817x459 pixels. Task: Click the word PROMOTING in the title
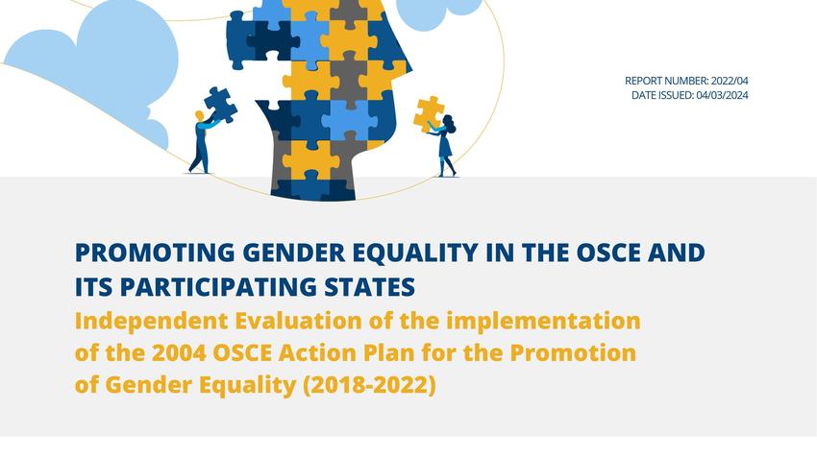tap(155, 253)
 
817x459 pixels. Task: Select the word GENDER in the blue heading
tap(294, 253)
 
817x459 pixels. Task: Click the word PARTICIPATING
tap(218, 287)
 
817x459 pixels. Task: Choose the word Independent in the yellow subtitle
tap(152, 321)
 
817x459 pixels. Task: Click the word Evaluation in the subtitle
tap(299, 321)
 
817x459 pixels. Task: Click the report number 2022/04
tap(730, 81)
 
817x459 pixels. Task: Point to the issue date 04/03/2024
tap(722, 95)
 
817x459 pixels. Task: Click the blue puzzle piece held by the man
tap(220, 104)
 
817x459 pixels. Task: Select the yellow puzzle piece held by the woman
tap(429, 113)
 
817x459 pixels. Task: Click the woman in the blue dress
tap(445, 146)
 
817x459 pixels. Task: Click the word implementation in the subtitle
tap(543, 321)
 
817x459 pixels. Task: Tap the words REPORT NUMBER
tap(666, 81)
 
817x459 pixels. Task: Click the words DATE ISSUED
tap(663, 95)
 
